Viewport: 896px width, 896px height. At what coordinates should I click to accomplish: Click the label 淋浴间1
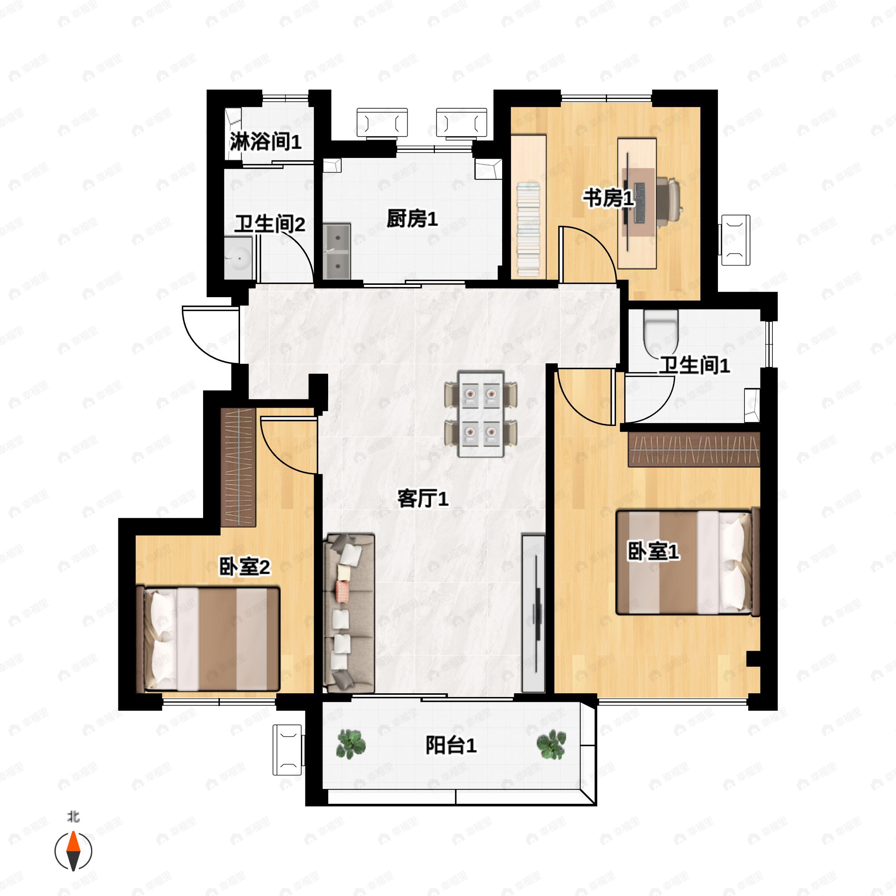266,141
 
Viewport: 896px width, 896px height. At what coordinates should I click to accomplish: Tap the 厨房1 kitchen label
412,218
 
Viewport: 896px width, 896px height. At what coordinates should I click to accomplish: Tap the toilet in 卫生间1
661,330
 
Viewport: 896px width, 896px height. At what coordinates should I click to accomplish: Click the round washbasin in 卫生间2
239,258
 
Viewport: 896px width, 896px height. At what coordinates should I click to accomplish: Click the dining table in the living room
480,413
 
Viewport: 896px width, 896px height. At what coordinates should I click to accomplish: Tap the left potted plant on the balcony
351,744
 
